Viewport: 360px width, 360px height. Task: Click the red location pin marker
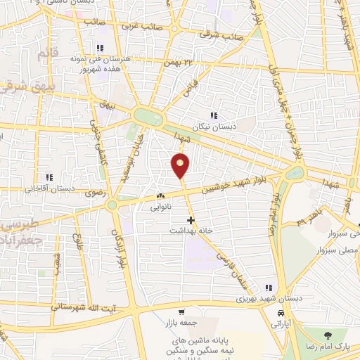(181, 166)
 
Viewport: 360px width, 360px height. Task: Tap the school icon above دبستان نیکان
(214, 115)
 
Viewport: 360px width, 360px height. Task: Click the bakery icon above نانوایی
(161, 197)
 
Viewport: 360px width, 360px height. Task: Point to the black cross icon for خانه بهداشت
(191, 219)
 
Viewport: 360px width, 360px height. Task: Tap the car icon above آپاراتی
(281, 313)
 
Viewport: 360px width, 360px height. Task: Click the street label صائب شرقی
(220, 34)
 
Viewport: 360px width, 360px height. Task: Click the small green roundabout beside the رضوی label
(112, 205)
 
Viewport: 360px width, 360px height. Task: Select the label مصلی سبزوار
(342, 250)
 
